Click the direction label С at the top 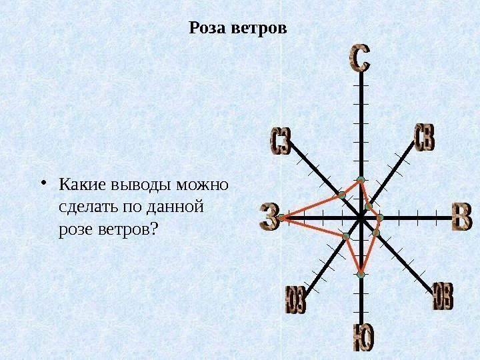[359, 59]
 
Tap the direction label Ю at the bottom [362, 340]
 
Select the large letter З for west [269, 218]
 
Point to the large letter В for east [461, 218]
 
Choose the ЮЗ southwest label [295, 299]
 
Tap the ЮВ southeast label [443, 296]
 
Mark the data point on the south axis [361, 274]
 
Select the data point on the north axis [360, 180]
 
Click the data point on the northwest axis [341, 195]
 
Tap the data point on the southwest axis [346, 237]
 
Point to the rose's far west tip [283, 217]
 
